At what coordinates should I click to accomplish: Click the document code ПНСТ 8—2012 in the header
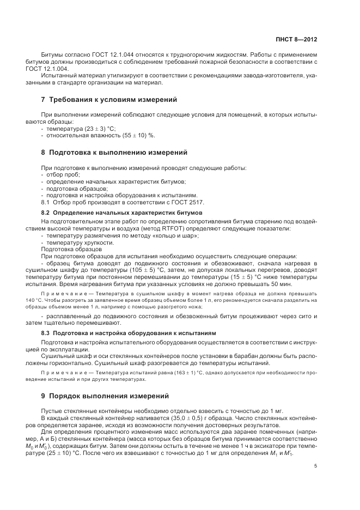click(296, 40)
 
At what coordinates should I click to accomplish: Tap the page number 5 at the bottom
click(316, 466)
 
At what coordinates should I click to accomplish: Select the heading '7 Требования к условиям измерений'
click(109, 100)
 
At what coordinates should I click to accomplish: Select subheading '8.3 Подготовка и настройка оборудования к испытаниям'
click(129, 332)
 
